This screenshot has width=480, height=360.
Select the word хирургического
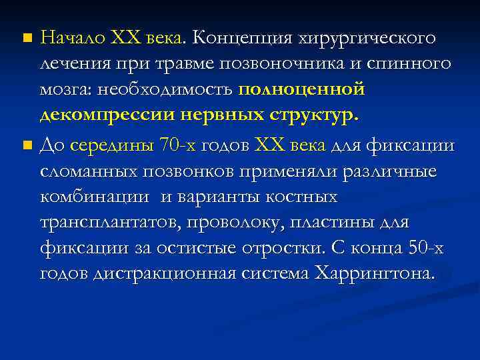click(371, 38)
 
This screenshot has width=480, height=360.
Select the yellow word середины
click(111, 145)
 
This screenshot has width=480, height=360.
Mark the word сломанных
click(88, 171)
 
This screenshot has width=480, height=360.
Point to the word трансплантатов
click(100, 222)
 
